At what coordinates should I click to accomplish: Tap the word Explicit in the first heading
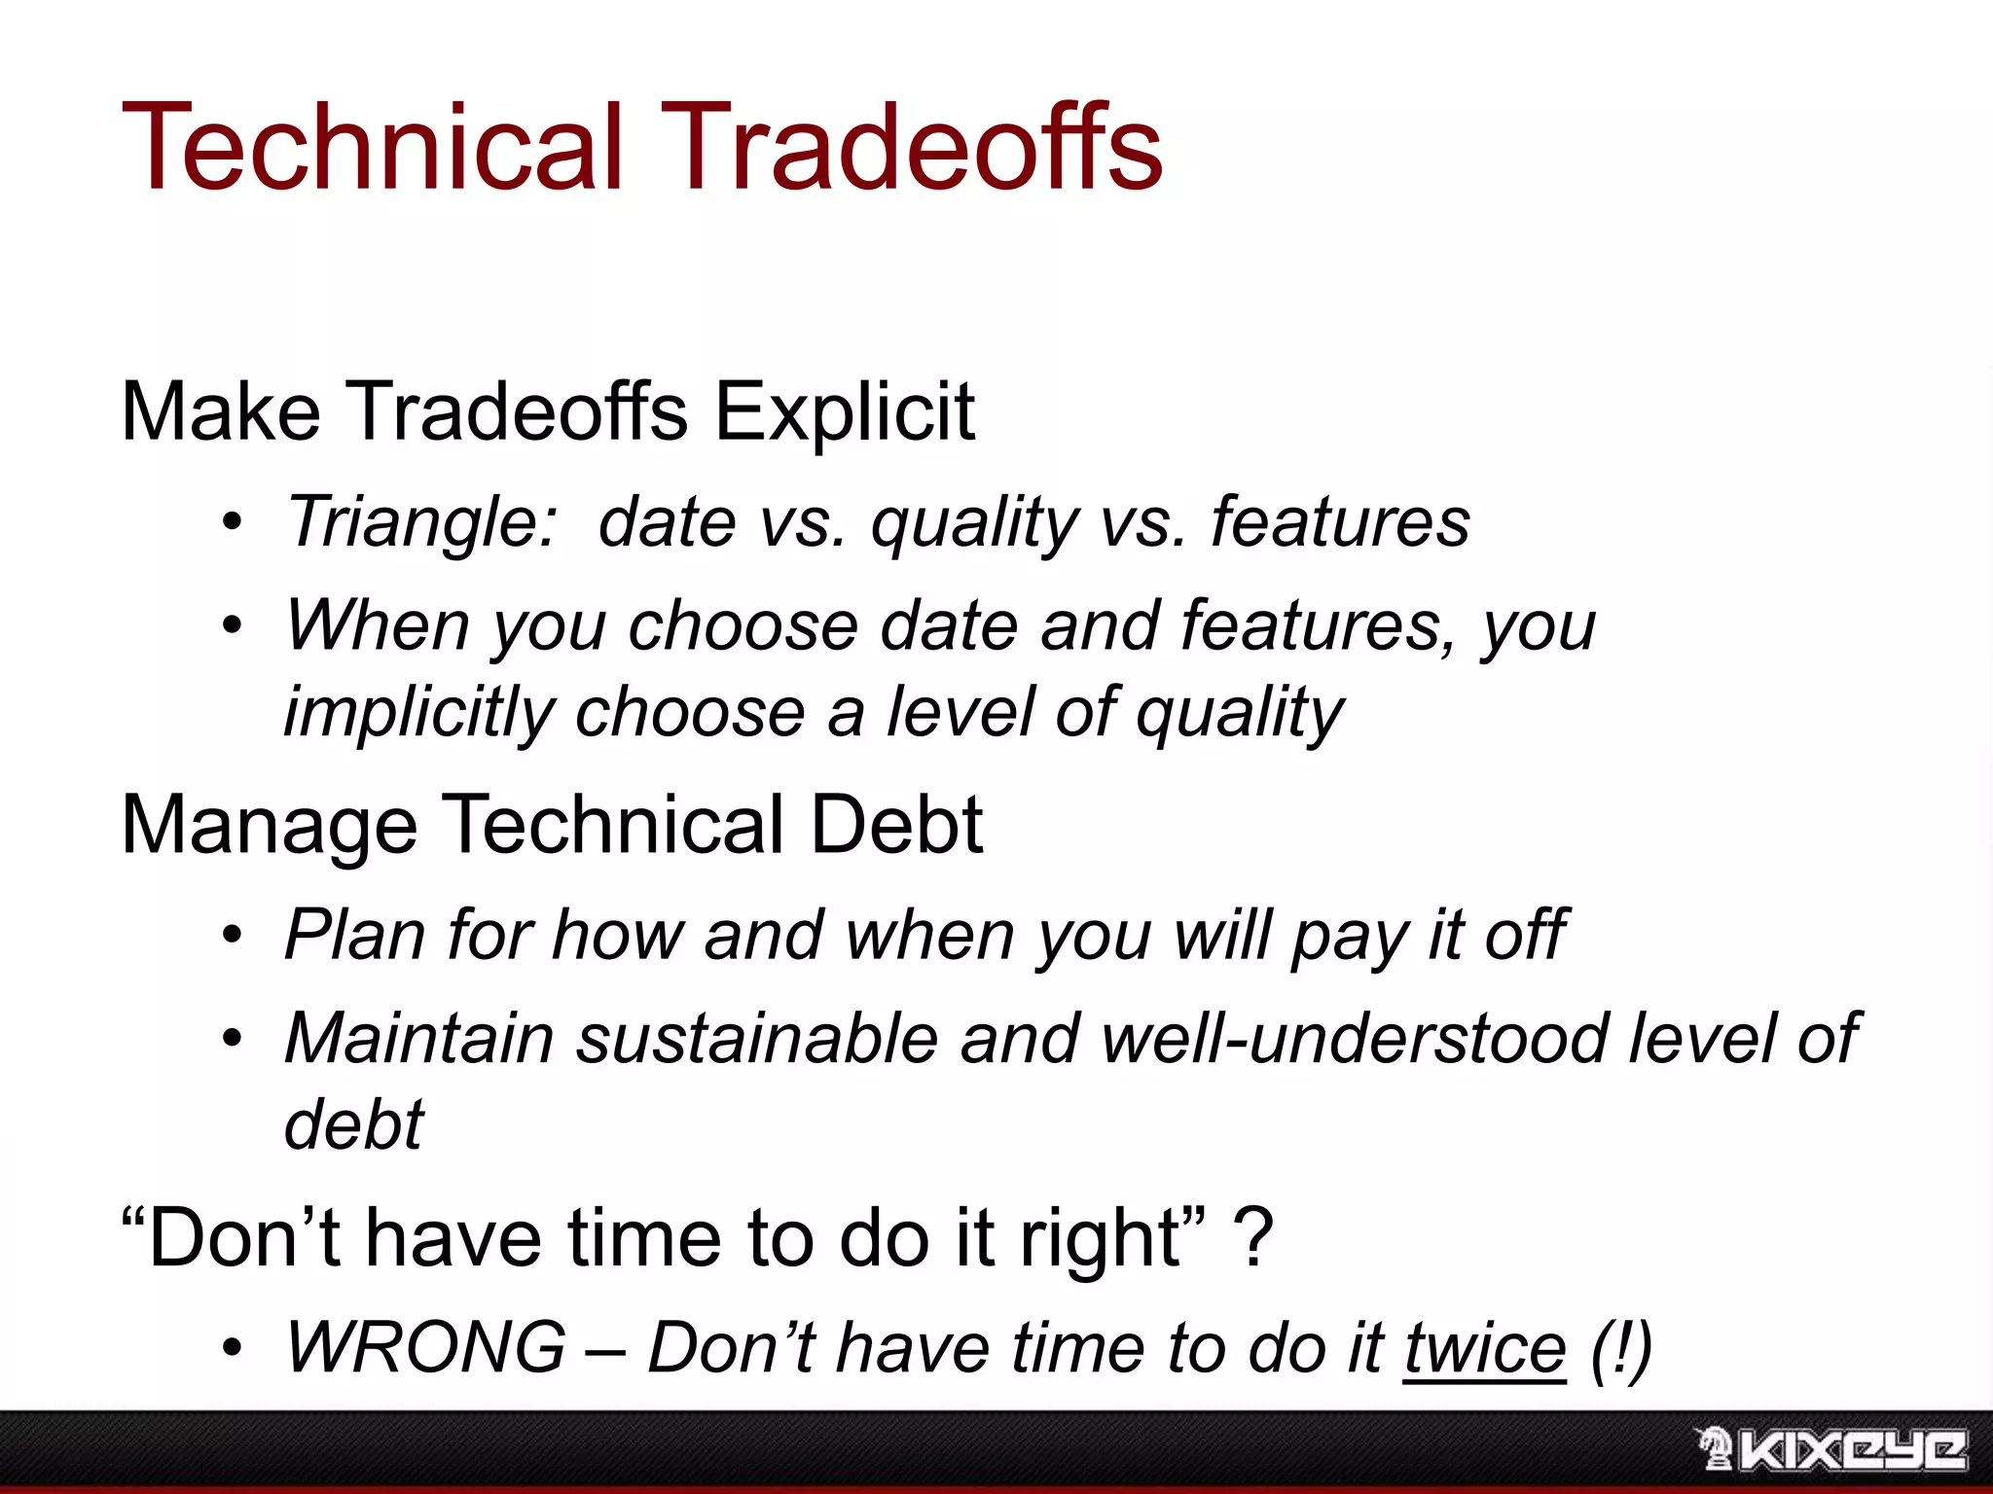click(844, 412)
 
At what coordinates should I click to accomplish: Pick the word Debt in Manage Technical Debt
click(896, 825)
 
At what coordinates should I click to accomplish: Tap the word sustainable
click(756, 1039)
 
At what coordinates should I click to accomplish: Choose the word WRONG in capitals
click(425, 1349)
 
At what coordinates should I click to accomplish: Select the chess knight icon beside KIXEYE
click(1715, 1448)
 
